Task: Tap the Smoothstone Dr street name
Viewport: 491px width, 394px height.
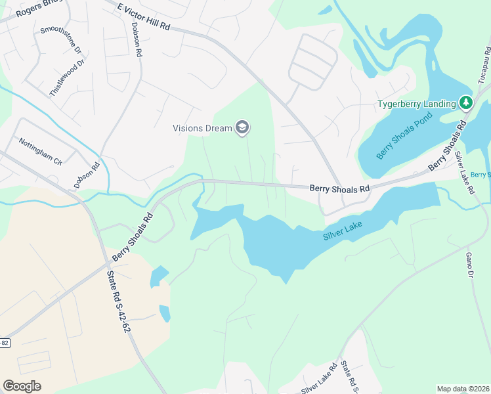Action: tap(60, 40)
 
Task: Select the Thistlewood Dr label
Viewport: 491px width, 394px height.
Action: tap(68, 78)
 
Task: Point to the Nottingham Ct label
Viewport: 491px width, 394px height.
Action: tap(40, 151)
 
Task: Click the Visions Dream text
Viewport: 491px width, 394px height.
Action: tap(202, 128)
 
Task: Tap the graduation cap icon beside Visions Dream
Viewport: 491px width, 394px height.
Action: tap(242, 127)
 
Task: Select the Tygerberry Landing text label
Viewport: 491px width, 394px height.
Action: tap(416, 104)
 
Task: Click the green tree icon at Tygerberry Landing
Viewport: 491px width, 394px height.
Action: tap(465, 102)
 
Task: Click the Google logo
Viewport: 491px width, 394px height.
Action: tap(22, 386)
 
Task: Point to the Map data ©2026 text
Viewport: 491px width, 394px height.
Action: tap(463, 389)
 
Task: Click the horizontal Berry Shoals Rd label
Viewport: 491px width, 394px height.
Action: tap(339, 189)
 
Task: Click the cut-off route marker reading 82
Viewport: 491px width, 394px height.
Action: tap(4, 342)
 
